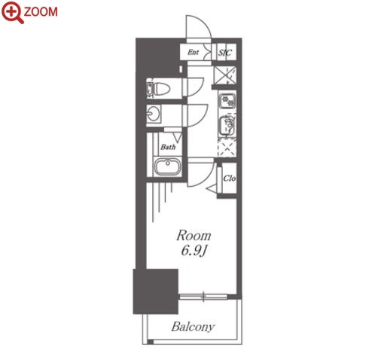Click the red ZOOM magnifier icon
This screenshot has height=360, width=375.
pos(12,12)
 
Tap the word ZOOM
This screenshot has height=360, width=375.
pos(41,12)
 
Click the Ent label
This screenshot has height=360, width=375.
pos(193,52)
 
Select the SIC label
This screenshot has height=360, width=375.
pos(225,53)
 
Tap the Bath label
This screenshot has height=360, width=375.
pos(168,147)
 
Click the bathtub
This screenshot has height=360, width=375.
pos(167,166)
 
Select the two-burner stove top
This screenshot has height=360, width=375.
pos(227,101)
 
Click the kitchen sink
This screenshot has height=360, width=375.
pos(227,124)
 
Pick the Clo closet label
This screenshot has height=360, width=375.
pos(230,178)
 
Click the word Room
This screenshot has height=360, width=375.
pos(194,236)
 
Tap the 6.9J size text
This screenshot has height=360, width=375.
pos(194,250)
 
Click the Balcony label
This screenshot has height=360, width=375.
pos(193,327)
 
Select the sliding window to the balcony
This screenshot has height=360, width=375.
pos(203,297)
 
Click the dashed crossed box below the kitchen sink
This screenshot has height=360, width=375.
pos(227,148)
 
